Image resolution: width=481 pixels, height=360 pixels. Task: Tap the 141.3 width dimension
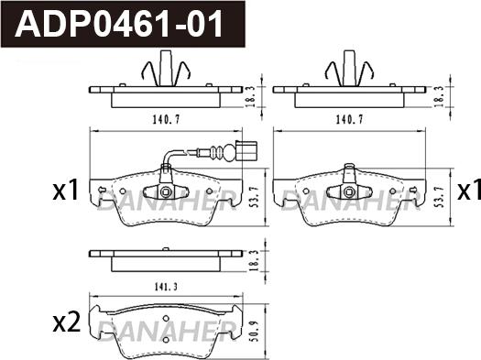(166, 286)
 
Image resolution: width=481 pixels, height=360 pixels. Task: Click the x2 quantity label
(65, 322)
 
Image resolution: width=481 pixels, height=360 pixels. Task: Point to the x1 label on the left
(65, 191)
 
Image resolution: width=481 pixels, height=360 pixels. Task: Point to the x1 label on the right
(469, 191)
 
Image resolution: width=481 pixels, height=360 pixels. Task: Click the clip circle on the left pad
(165, 192)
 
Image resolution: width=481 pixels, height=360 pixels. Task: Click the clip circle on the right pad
(349, 191)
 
